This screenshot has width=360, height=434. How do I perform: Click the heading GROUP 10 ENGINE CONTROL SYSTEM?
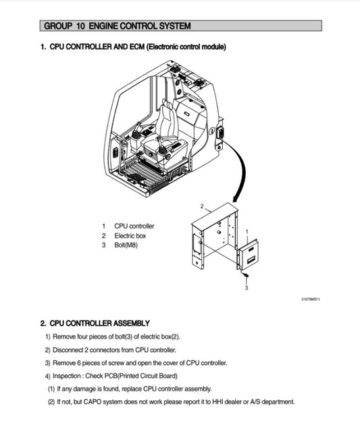pyautogui.click(x=117, y=26)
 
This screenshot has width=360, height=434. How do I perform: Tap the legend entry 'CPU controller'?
pyautogui.click(x=134, y=226)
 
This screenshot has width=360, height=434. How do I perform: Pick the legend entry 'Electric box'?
pyautogui.click(x=130, y=235)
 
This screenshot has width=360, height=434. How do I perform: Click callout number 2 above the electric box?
pyautogui.click(x=202, y=205)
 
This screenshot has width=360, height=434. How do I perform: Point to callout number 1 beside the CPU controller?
pyautogui.click(x=247, y=231)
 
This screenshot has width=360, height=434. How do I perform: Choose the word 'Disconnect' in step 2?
pyautogui.click(x=69, y=350)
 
